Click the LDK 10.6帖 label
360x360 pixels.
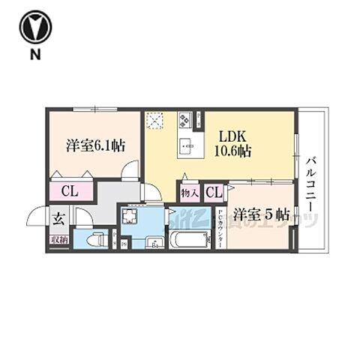pyautogui.click(x=234, y=144)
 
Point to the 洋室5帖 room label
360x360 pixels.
pyautogui.click(x=259, y=214)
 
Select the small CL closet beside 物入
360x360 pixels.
pyautogui.click(x=214, y=193)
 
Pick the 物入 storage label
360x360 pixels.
pyautogui.click(x=189, y=194)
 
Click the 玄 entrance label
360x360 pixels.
pyautogui.click(x=57, y=219)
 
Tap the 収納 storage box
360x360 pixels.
pyautogui.click(x=57, y=240)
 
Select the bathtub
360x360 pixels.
pyautogui.click(x=187, y=241)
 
